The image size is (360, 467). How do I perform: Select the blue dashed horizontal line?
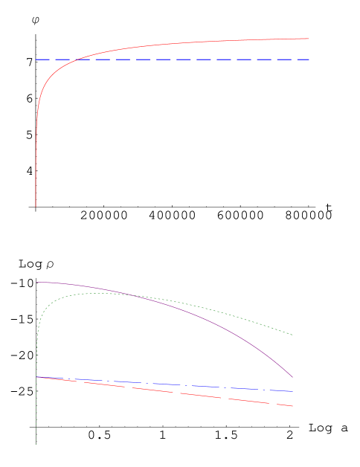[186, 59]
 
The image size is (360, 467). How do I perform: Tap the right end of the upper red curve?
[309, 39]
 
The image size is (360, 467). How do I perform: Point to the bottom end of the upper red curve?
[36, 206]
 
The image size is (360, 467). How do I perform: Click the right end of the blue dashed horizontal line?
[309, 59]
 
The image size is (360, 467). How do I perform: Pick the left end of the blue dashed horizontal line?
[36, 59]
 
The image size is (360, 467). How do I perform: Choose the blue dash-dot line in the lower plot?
[186, 384]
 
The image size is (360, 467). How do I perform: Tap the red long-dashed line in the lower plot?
[186, 393]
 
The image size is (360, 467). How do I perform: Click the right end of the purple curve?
[292, 377]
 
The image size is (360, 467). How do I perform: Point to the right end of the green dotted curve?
[292, 335]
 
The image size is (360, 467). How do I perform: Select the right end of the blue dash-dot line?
[292, 391]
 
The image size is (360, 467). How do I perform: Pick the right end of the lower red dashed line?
[292, 406]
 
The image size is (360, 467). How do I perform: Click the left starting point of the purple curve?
[36, 282]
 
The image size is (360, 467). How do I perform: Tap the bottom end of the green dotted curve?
[36, 444]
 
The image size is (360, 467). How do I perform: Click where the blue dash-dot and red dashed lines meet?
[37, 377]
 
